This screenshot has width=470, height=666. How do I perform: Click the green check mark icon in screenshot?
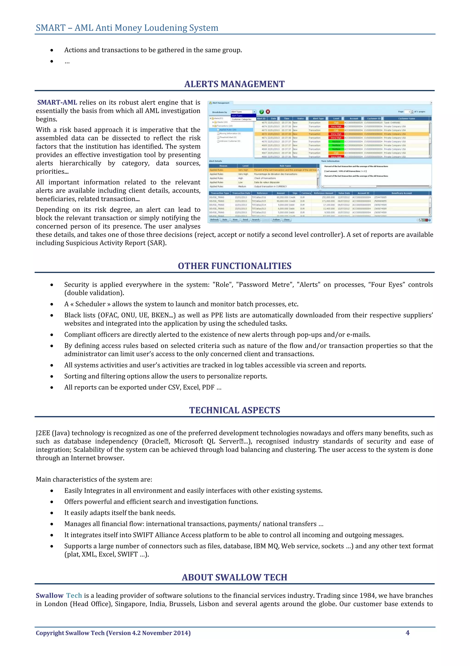click(x=262, y=112)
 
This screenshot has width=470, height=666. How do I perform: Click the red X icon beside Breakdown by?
click(x=268, y=112)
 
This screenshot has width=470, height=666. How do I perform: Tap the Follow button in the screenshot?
click(x=276, y=219)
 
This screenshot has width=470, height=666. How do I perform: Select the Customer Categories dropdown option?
click(x=242, y=119)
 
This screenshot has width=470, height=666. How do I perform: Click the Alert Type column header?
click(x=318, y=118)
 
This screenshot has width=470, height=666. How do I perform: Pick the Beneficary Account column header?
click(x=401, y=193)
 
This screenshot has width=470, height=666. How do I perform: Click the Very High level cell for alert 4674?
click(x=336, y=126)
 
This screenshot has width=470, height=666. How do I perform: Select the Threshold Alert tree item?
click(x=228, y=137)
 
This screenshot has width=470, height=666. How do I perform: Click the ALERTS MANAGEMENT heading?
click(x=234, y=84)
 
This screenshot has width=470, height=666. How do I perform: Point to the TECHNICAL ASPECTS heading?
click(x=234, y=410)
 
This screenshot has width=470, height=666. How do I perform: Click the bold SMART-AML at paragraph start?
click(x=57, y=102)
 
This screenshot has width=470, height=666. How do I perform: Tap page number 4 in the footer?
click(x=407, y=633)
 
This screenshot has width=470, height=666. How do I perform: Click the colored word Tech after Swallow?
click(x=74, y=596)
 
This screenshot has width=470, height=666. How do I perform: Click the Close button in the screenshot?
click(x=286, y=219)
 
